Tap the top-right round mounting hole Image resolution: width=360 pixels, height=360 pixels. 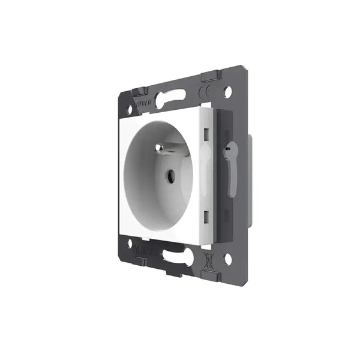click(229, 93)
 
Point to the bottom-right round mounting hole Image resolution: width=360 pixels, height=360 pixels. click(228, 259)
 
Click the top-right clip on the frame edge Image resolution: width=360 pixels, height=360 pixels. click(210, 76)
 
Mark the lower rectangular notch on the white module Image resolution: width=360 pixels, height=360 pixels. click(206, 214)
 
